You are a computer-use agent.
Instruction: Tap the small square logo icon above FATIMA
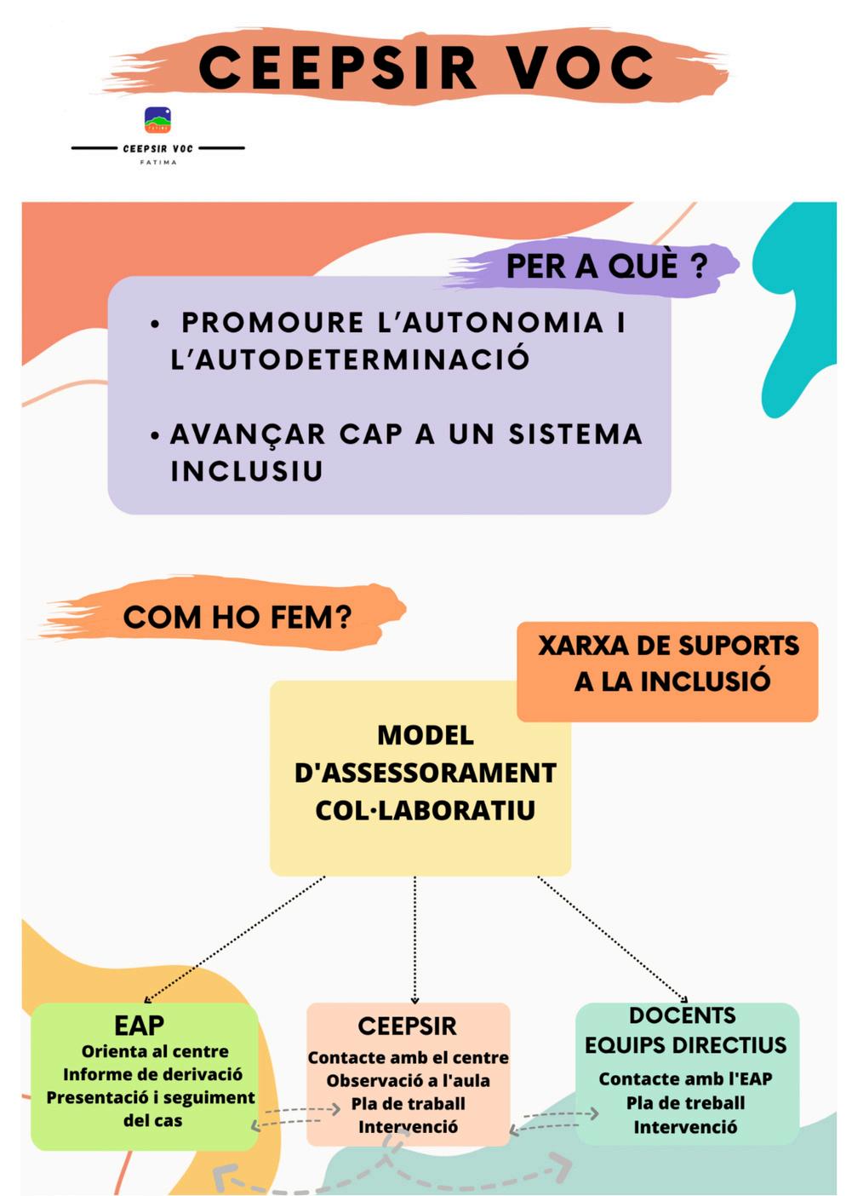tap(157, 120)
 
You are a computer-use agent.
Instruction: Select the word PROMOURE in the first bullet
tap(272, 323)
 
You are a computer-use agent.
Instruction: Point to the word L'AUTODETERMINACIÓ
tap(350, 359)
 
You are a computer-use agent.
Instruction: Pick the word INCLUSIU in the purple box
tap(247, 471)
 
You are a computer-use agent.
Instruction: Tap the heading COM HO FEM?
tap(237, 617)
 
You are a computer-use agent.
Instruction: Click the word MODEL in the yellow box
tap(425, 735)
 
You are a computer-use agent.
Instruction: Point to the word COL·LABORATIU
tap(425, 810)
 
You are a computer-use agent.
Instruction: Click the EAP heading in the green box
tap(139, 1025)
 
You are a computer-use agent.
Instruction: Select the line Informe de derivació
tap(152, 1074)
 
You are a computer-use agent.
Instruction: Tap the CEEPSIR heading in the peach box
tap(407, 1026)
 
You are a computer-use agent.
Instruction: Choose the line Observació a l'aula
tap(408, 1080)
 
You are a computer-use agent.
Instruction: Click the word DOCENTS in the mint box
tap(682, 1015)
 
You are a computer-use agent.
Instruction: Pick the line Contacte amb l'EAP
tap(685, 1078)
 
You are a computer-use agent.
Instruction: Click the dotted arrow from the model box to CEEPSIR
tap(414, 937)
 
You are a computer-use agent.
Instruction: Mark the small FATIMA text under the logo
tap(158, 162)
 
